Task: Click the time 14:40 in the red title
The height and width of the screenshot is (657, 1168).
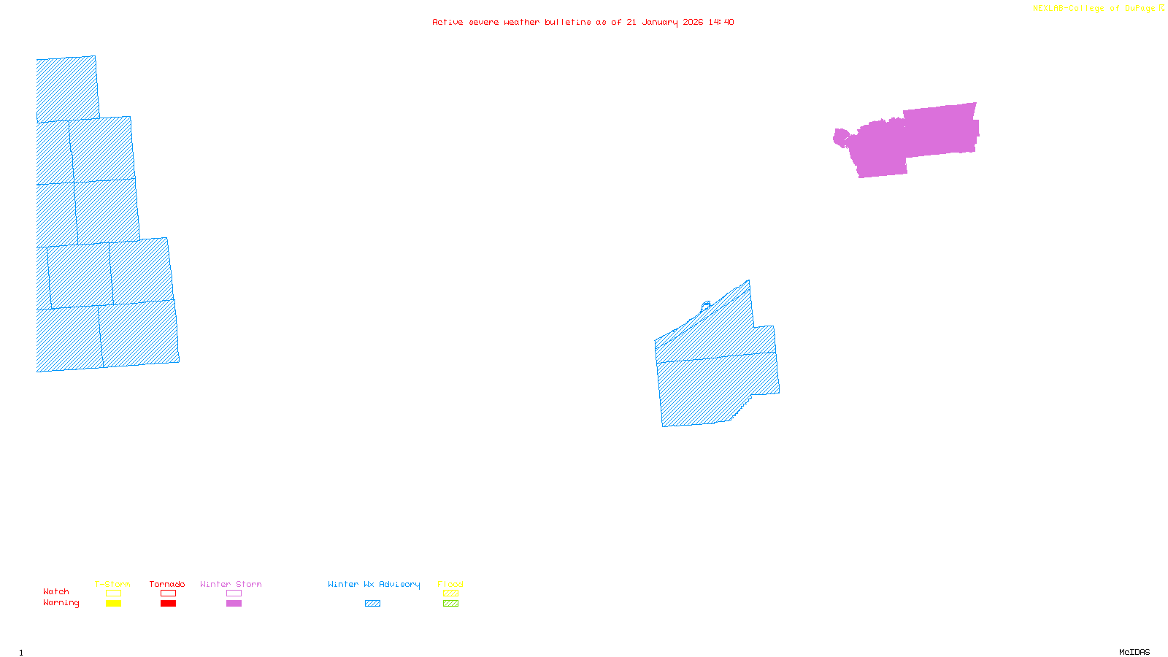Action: point(721,22)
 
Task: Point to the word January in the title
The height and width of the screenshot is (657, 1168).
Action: point(660,22)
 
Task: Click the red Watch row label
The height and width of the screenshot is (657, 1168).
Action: point(56,591)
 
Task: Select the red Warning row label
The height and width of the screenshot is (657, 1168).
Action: point(61,603)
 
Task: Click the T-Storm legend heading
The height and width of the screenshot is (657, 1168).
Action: point(112,584)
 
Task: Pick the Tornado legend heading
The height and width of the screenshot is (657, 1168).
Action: point(167,584)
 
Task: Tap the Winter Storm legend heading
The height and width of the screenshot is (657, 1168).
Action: point(231,584)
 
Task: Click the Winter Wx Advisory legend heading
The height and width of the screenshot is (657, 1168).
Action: point(374,584)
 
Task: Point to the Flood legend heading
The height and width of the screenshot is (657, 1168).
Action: point(450,584)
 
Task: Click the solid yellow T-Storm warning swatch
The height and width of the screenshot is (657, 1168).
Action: point(113,604)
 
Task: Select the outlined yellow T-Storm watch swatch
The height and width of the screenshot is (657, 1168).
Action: point(113,593)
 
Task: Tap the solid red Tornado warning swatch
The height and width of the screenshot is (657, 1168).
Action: point(168,604)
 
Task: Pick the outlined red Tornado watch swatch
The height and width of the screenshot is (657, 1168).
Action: point(168,593)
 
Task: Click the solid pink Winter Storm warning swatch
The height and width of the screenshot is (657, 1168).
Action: point(234,604)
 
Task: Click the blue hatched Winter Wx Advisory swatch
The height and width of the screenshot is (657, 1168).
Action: point(372,604)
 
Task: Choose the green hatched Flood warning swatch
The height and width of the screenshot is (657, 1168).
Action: point(450,604)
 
